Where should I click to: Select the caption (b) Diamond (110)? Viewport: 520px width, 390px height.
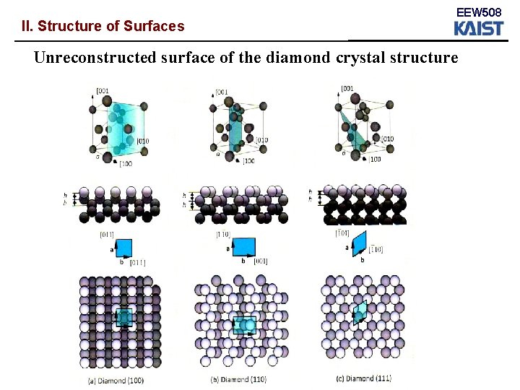pos(238,378)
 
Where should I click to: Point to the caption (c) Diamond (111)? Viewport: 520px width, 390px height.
pos(365,378)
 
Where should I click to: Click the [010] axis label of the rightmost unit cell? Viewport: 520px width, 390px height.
pos(387,139)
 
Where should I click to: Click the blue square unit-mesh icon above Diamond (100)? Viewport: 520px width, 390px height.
pos(123,248)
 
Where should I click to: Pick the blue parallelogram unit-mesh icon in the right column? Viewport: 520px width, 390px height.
pos(359,243)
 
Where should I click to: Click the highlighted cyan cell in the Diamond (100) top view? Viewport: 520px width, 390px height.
pos(124,317)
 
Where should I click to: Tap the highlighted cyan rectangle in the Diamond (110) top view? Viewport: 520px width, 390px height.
pos(245,325)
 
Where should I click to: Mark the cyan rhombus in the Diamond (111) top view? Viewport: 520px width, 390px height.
pos(359,311)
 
